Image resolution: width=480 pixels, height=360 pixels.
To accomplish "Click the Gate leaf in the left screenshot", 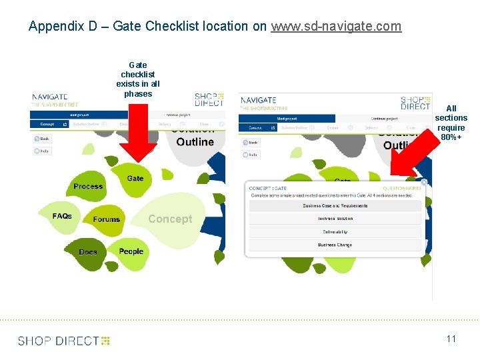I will coord(135,179).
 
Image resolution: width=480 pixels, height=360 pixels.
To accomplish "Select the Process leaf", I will coord(88,187).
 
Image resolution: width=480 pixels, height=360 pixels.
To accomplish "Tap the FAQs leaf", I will coord(62,216).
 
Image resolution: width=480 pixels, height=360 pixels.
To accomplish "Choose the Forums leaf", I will coord(107,219).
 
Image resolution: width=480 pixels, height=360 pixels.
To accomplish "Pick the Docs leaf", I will coord(88,252).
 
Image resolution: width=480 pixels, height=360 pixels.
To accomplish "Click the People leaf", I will coord(131,251).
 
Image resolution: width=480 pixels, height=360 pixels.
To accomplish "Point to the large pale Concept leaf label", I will coord(170,219).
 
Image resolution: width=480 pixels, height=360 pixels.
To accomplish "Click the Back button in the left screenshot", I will coord(42,139).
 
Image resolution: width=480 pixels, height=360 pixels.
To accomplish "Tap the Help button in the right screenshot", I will coord(250,154).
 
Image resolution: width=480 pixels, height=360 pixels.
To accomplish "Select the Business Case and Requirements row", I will coord(335,205).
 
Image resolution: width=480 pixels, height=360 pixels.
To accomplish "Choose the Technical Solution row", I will coord(335,219).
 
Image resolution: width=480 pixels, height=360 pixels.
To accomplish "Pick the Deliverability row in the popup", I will coord(335,232).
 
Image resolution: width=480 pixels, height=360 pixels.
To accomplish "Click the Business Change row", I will coord(335,245).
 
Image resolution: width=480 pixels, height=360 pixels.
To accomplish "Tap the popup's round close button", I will coord(424,182).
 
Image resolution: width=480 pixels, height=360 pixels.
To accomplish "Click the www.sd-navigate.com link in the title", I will coord(336,27).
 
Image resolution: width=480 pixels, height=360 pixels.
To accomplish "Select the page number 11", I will coord(451,339).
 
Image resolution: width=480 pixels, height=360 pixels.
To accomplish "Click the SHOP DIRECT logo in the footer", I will coord(64,341).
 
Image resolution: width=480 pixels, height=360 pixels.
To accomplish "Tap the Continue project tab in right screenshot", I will coord(384,118).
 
